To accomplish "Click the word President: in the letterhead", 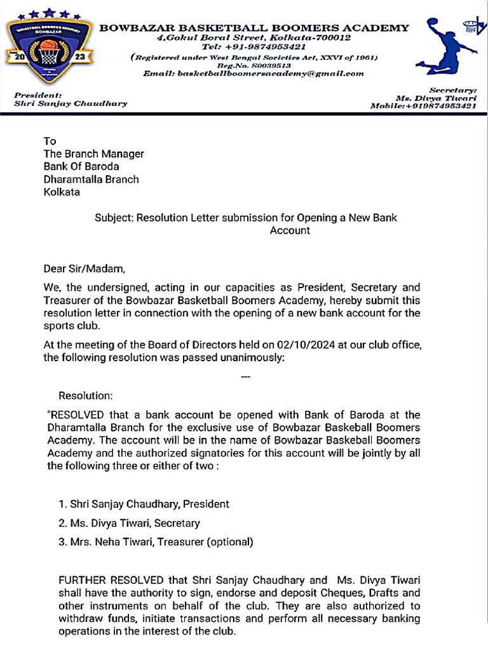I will tap(37, 95).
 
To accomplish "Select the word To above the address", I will tap(50, 141).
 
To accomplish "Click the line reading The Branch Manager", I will tap(93, 154).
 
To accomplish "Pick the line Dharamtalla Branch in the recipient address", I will tap(91, 179).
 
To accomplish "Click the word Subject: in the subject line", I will tap(113, 218).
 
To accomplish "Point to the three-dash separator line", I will tap(247, 377).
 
